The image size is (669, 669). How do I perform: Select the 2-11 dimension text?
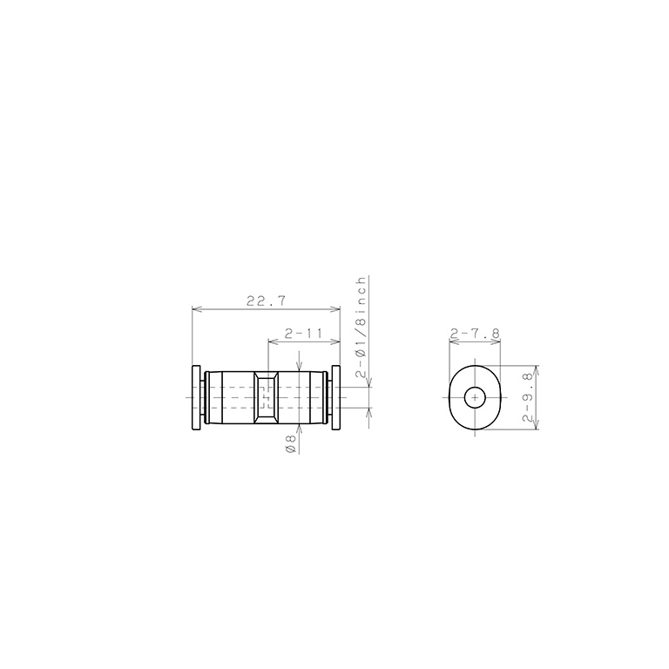(303, 334)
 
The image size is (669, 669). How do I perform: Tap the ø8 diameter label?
(292, 444)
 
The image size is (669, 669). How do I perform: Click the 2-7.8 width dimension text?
(475, 334)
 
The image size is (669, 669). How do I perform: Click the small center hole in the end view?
(475, 398)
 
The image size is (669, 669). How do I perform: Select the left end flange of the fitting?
(197, 397)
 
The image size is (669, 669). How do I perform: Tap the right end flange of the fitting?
(334, 397)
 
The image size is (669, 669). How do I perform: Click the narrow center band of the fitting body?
(266, 397)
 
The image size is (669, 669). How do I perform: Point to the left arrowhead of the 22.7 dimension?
(195, 309)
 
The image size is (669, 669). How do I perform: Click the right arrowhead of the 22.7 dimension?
(336, 309)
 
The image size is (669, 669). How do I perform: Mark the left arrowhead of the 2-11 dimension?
(271, 342)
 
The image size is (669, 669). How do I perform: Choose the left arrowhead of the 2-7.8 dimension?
(451, 342)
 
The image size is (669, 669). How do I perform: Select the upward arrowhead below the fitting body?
(300, 428)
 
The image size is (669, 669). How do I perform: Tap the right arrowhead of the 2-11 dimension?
(336, 342)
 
